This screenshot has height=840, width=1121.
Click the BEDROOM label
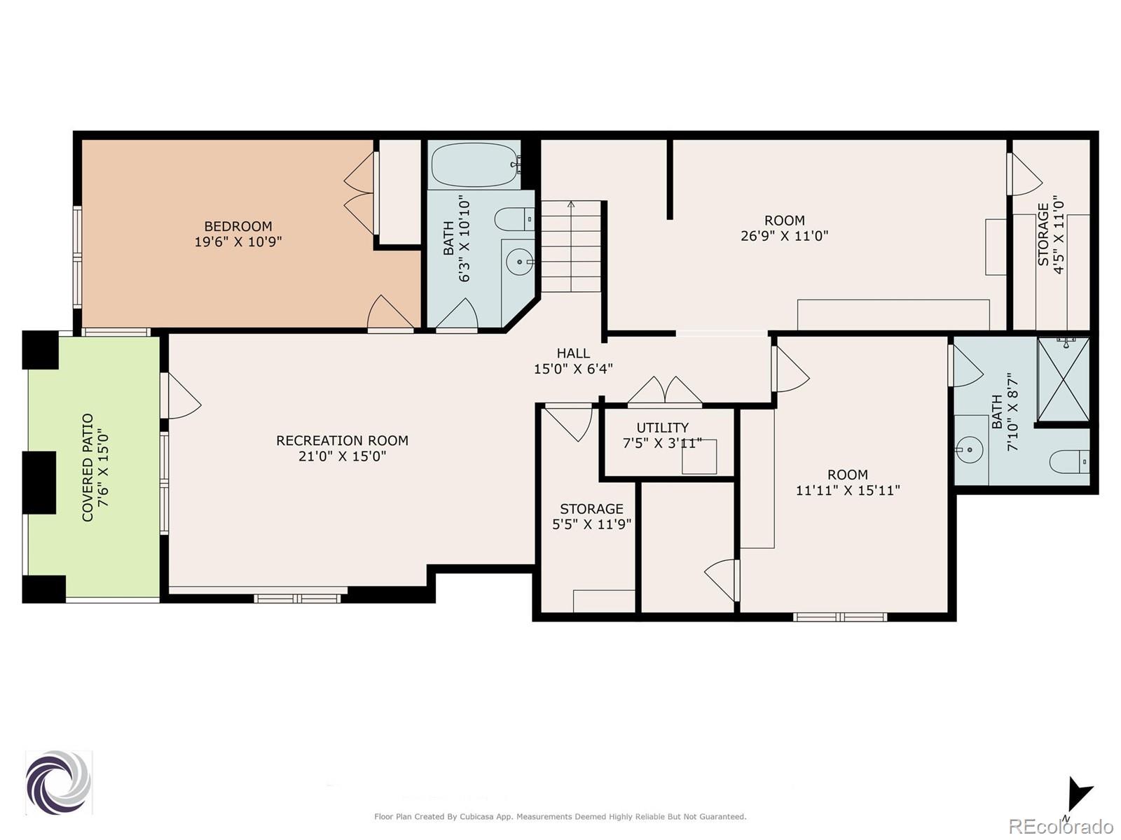coord(238,226)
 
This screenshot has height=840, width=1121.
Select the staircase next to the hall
coord(571,246)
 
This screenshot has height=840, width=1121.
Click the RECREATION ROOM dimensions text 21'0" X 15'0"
coord(342,456)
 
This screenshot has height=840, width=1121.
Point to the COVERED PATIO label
coord(88,468)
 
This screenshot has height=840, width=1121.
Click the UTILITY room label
coord(662,427)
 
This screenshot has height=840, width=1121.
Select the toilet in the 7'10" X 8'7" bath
coord(1067,462)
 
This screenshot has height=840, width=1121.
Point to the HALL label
coord(573,353)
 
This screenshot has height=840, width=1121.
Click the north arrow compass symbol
coord(1078,796)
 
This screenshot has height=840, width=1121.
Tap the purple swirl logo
coord(58,783)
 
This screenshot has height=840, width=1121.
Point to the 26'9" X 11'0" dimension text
coord(784,236)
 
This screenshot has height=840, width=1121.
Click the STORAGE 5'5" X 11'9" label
coord(591,509)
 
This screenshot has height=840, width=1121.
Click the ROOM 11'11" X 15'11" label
coord(847,474)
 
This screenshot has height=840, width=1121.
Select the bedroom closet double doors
coord(361,193)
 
